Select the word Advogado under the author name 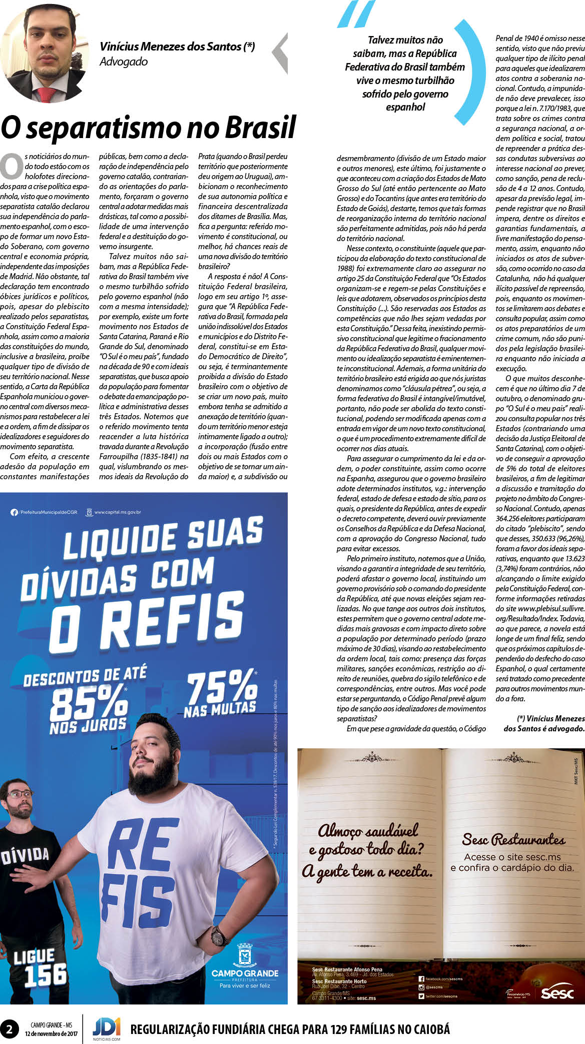124,62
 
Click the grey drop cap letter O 11,166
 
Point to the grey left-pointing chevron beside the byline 280,53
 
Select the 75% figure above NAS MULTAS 222,686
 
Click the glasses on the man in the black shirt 20,794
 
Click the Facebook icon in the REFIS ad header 14,512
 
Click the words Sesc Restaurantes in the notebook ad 513,839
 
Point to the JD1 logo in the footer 106,1027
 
